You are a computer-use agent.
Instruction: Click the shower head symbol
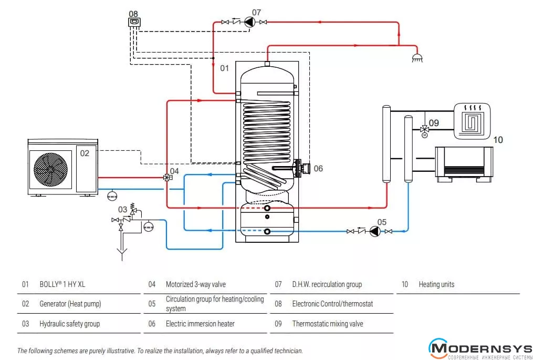point(417,58)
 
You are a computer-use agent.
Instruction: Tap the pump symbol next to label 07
point(249,22)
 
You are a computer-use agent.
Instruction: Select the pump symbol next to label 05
point(374,231)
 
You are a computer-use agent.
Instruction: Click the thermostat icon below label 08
point(134,23)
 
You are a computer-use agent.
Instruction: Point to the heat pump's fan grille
point(50,169)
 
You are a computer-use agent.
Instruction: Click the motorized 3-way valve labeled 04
point(167,178)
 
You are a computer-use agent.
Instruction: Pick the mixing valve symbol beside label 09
point(424,130)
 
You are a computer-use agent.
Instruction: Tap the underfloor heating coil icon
point(472,121)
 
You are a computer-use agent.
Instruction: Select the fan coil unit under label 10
point(464,164)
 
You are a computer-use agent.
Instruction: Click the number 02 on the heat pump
point(85,153)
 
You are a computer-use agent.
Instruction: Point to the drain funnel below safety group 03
point(122,254)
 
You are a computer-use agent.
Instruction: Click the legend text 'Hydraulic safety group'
point(70,324)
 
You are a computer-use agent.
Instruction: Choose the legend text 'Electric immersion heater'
point(200,324)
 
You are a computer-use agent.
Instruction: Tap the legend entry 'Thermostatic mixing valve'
point(328,324)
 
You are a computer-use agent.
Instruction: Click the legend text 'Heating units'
point(436,284)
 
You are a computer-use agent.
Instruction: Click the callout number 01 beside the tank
point(224,68)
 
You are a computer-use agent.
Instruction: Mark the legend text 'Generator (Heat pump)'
point(70,304)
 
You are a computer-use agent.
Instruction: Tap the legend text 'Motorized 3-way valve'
point(196,284)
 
